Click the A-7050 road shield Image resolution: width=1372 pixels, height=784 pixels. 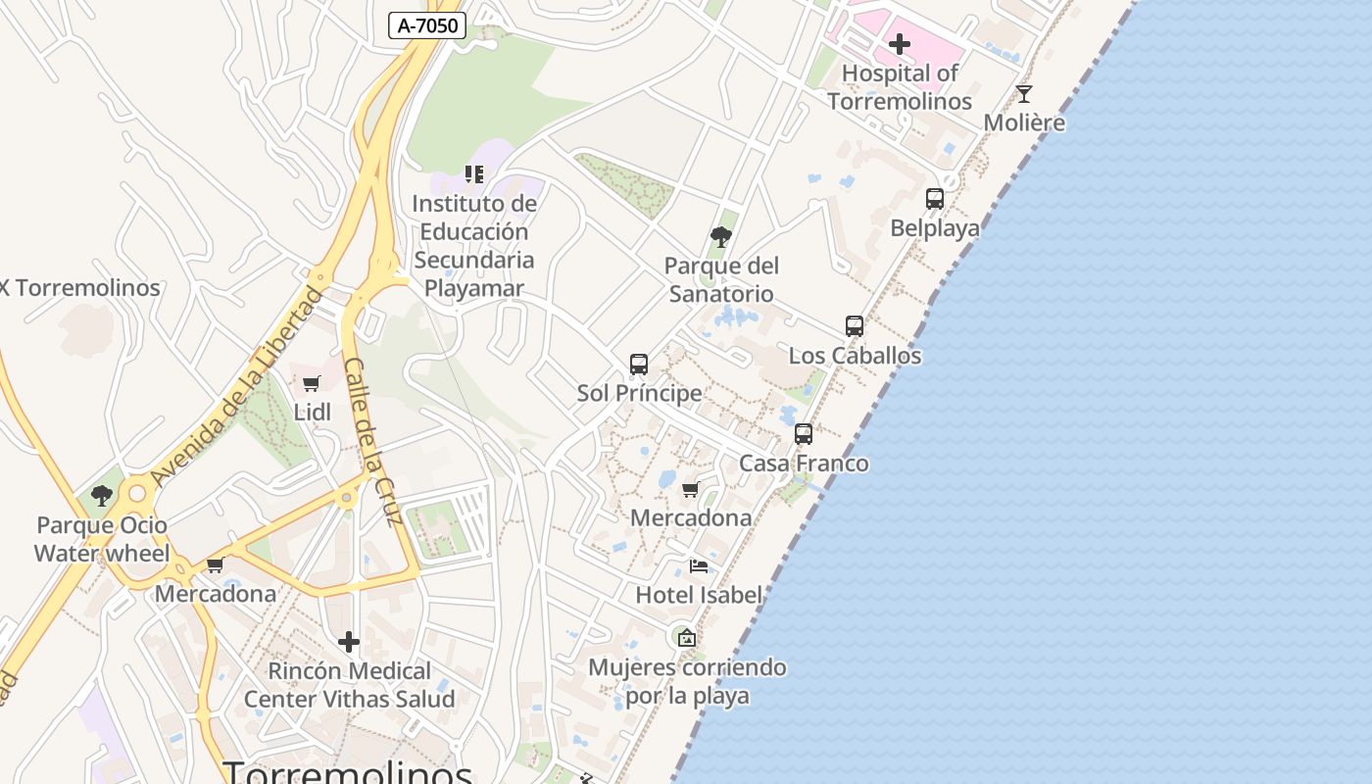pos(427,25)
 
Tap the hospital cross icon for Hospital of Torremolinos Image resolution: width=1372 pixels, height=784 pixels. pos(899,44)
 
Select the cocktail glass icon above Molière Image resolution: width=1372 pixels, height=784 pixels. pos(1024,94)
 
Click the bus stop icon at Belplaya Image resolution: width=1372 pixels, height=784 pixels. pos(935,199)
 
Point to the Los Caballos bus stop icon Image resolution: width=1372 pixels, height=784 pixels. pos(855,326)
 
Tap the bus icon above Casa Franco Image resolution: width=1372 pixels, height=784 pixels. pos(804,434)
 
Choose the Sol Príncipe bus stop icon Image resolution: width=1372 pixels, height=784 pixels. pos(639,365)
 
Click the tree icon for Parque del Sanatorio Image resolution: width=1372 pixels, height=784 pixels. pos(721,236)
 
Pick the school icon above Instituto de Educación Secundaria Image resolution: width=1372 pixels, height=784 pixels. pos(474,174)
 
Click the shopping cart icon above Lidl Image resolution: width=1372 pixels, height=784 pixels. pos(312,383)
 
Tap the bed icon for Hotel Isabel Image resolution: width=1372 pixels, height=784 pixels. pos(699,566)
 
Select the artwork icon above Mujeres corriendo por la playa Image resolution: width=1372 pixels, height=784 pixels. pos(687,638)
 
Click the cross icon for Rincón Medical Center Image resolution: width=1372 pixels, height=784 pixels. pos(349,643)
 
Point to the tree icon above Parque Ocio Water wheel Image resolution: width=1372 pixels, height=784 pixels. pos(102,496)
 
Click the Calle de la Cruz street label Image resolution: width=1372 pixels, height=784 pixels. pos(373,441)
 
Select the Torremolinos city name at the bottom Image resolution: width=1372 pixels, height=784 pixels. pos(348,771)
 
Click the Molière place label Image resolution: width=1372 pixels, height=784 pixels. pos(1024,123)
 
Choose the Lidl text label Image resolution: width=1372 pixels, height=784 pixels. pos(313,413)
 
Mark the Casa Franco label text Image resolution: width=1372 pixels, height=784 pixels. pos(804,464)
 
